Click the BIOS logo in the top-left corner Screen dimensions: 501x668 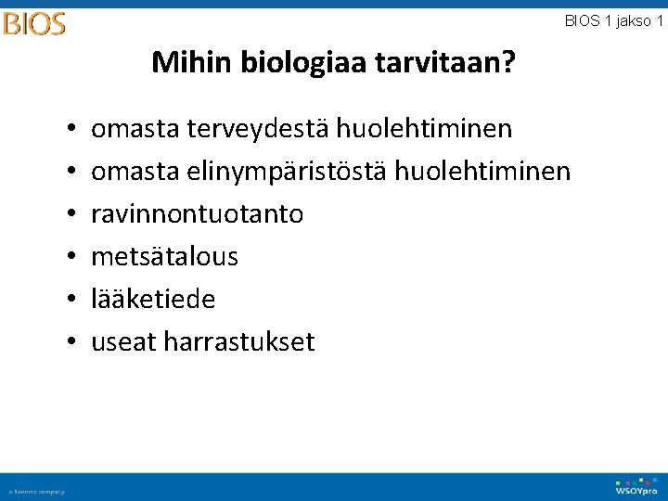(34, 22)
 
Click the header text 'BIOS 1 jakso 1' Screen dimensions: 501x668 (613, 20)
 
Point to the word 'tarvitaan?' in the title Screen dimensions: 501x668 (446, 63)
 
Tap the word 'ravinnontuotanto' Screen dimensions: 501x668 (197, 214)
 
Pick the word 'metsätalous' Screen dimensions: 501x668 (164, 257)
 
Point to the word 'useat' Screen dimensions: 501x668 (123, 342)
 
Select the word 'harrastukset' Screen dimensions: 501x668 (239, 342)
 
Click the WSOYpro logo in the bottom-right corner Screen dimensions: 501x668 (636, 486)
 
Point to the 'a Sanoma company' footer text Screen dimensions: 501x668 (37, 492)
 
